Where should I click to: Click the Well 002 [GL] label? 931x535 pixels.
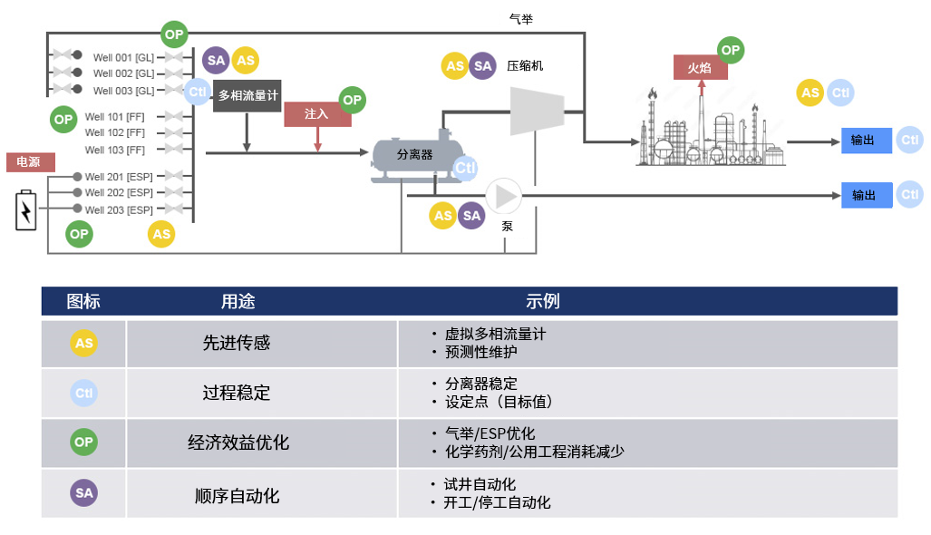[123, 73]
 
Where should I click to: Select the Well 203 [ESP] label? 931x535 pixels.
[119, 210]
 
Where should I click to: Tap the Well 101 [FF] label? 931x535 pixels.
[115, 117]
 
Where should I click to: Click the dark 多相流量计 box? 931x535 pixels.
[247, 95]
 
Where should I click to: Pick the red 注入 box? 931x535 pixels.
[317, 114]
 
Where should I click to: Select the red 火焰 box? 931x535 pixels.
[700, 67]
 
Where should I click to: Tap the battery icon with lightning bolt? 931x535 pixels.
[27, 211]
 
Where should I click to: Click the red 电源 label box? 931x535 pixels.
[30, 162]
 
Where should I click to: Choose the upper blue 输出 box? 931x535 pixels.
[867, 141]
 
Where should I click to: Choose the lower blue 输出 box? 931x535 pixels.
[867, 195]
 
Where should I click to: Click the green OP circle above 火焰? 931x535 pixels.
[730, 50]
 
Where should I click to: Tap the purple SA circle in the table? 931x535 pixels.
[83, 493]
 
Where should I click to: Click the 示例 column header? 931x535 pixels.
[542, 301]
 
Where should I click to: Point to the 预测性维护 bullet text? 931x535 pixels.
[480, 352]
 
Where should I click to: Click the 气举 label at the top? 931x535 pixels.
[521, 17]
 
